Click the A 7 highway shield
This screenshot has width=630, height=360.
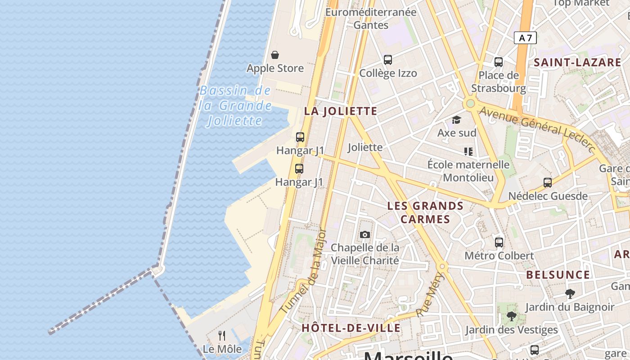click(x=525, y=38)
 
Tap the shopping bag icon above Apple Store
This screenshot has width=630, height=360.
click(x=275, y=55)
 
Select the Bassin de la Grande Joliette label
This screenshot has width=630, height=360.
click(x=235, y=106)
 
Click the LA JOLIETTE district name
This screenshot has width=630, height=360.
click(x=341, y=111)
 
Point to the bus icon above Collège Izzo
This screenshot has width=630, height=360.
click(x=387, y=59)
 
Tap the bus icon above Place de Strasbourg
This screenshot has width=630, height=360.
click(x=498, y=62)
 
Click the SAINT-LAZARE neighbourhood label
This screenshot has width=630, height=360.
click(x=577, y=63)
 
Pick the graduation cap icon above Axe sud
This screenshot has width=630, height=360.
click(x=457, y=120)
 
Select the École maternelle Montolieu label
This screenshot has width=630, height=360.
click(x=468, y=171)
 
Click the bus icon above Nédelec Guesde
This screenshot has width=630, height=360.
click(x=547, y=182)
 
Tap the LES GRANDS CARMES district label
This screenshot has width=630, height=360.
click(x=425, y=212)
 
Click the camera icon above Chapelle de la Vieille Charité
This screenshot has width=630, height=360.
click(x=365, y=234)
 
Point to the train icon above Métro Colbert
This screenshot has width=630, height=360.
click(x=499, y=242)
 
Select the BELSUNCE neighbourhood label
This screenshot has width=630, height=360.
click(x=558, y=274)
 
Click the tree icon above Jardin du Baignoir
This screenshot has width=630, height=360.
click(x=570, y=294)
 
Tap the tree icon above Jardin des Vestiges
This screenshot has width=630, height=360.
click(x=511, y=316)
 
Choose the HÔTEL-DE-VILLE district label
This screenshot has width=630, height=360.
click(x=351, y=328)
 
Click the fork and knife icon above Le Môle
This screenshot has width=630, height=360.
click(x=222, y=335)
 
